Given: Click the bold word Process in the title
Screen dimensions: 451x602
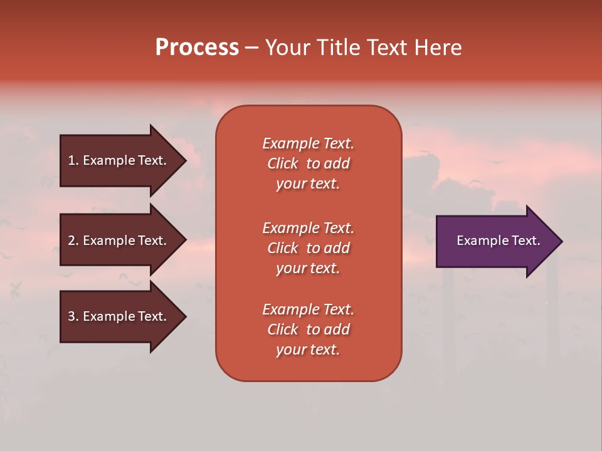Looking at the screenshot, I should [x=197, y=48].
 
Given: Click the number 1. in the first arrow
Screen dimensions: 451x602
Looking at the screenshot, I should [x=73, y=160].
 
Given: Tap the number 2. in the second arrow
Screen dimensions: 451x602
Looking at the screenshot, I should [x=73, y=241].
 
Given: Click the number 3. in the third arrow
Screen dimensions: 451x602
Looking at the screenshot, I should [x=73, y=316].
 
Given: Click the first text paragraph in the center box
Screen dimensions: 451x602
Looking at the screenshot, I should [x=308, y=163].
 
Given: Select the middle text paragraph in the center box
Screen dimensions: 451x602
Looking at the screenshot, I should [x=308, y=248].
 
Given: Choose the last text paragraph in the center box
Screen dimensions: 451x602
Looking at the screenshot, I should [x=308, y=329].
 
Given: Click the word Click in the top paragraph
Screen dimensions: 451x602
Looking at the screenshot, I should [x=283, y=163].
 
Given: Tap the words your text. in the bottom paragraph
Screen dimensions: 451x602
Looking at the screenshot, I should [x=308, y=350].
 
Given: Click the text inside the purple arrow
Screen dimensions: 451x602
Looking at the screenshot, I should [x=498, y=241].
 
